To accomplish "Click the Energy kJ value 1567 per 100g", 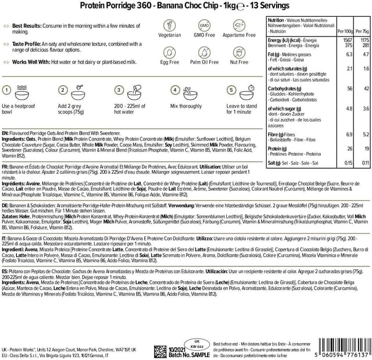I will (x=348, y=41).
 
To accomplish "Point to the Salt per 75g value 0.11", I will (x=364, y=163).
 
